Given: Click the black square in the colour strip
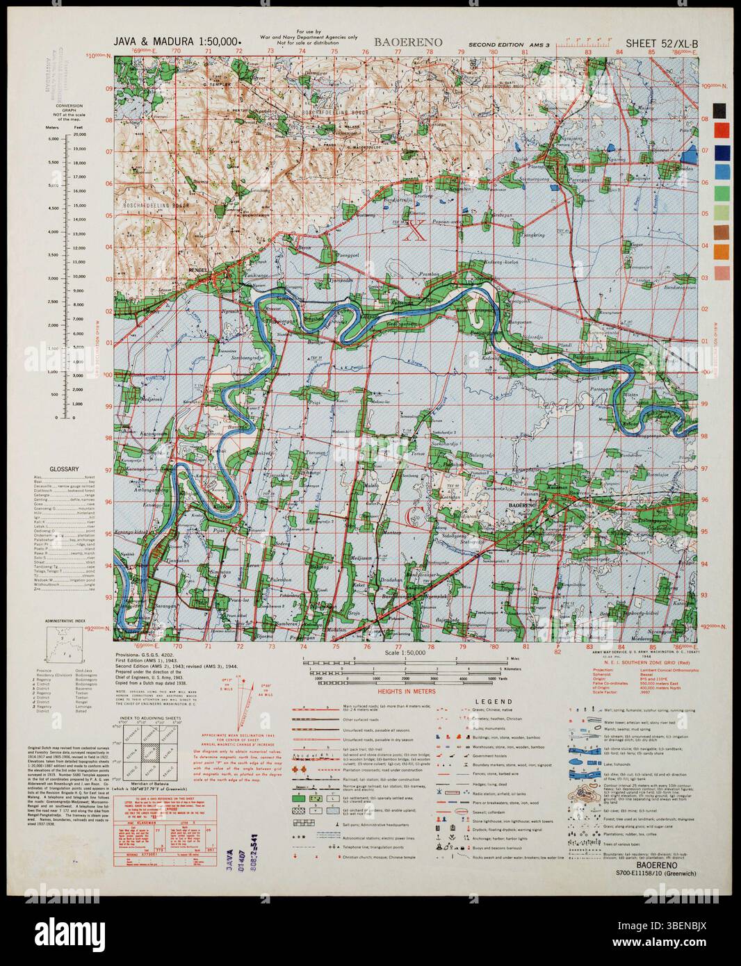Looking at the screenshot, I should [x=722, y=110].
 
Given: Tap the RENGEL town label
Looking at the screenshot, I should [x=199, y=268].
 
